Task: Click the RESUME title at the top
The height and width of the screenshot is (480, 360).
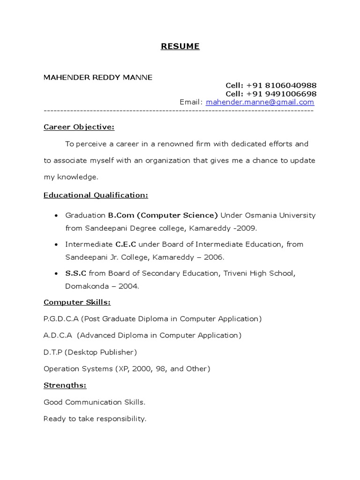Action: [x=180, y=46]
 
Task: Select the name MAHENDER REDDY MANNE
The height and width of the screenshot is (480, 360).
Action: [x=98, y=77]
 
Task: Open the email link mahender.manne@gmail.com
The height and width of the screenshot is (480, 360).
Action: [x=260, y=102]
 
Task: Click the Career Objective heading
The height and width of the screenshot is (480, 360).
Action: [x=79, y=127]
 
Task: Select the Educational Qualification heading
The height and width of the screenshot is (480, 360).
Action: [x=96, y=195]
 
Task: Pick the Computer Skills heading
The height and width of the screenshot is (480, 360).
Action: [x=77, y=302]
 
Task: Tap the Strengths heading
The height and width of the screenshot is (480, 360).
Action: [x=65, y=385]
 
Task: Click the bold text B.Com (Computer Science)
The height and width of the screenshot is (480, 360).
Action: [x=163, y=215]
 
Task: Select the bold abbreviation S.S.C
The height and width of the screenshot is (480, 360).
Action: [x=76, y=273]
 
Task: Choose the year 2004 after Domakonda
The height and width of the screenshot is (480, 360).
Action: [x=129, y=286]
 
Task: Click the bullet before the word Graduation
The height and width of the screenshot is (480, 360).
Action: [x=56, y=216]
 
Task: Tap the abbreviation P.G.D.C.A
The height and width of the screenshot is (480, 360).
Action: [x=61, y=319]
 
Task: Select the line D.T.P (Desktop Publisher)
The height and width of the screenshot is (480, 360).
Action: [x=90, y=352]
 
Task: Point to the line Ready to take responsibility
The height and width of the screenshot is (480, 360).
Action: [x=95, y=419]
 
